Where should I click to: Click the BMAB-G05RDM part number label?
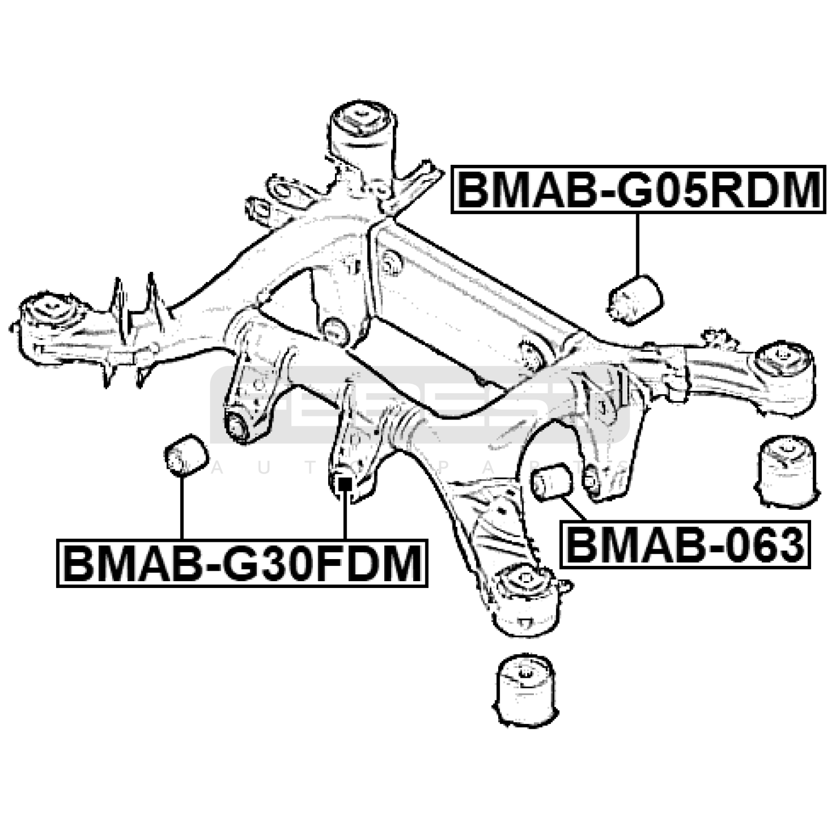point(638,190)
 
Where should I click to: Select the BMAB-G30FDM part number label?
point(242,563)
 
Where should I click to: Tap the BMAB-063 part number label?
point(685,544)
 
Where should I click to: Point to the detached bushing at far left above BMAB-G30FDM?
point(186,455)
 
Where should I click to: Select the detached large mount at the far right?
point(786,472)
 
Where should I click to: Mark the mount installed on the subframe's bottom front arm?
point(525,600)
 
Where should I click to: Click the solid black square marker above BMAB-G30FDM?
point(344,481)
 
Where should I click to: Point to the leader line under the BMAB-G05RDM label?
point(638,244)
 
